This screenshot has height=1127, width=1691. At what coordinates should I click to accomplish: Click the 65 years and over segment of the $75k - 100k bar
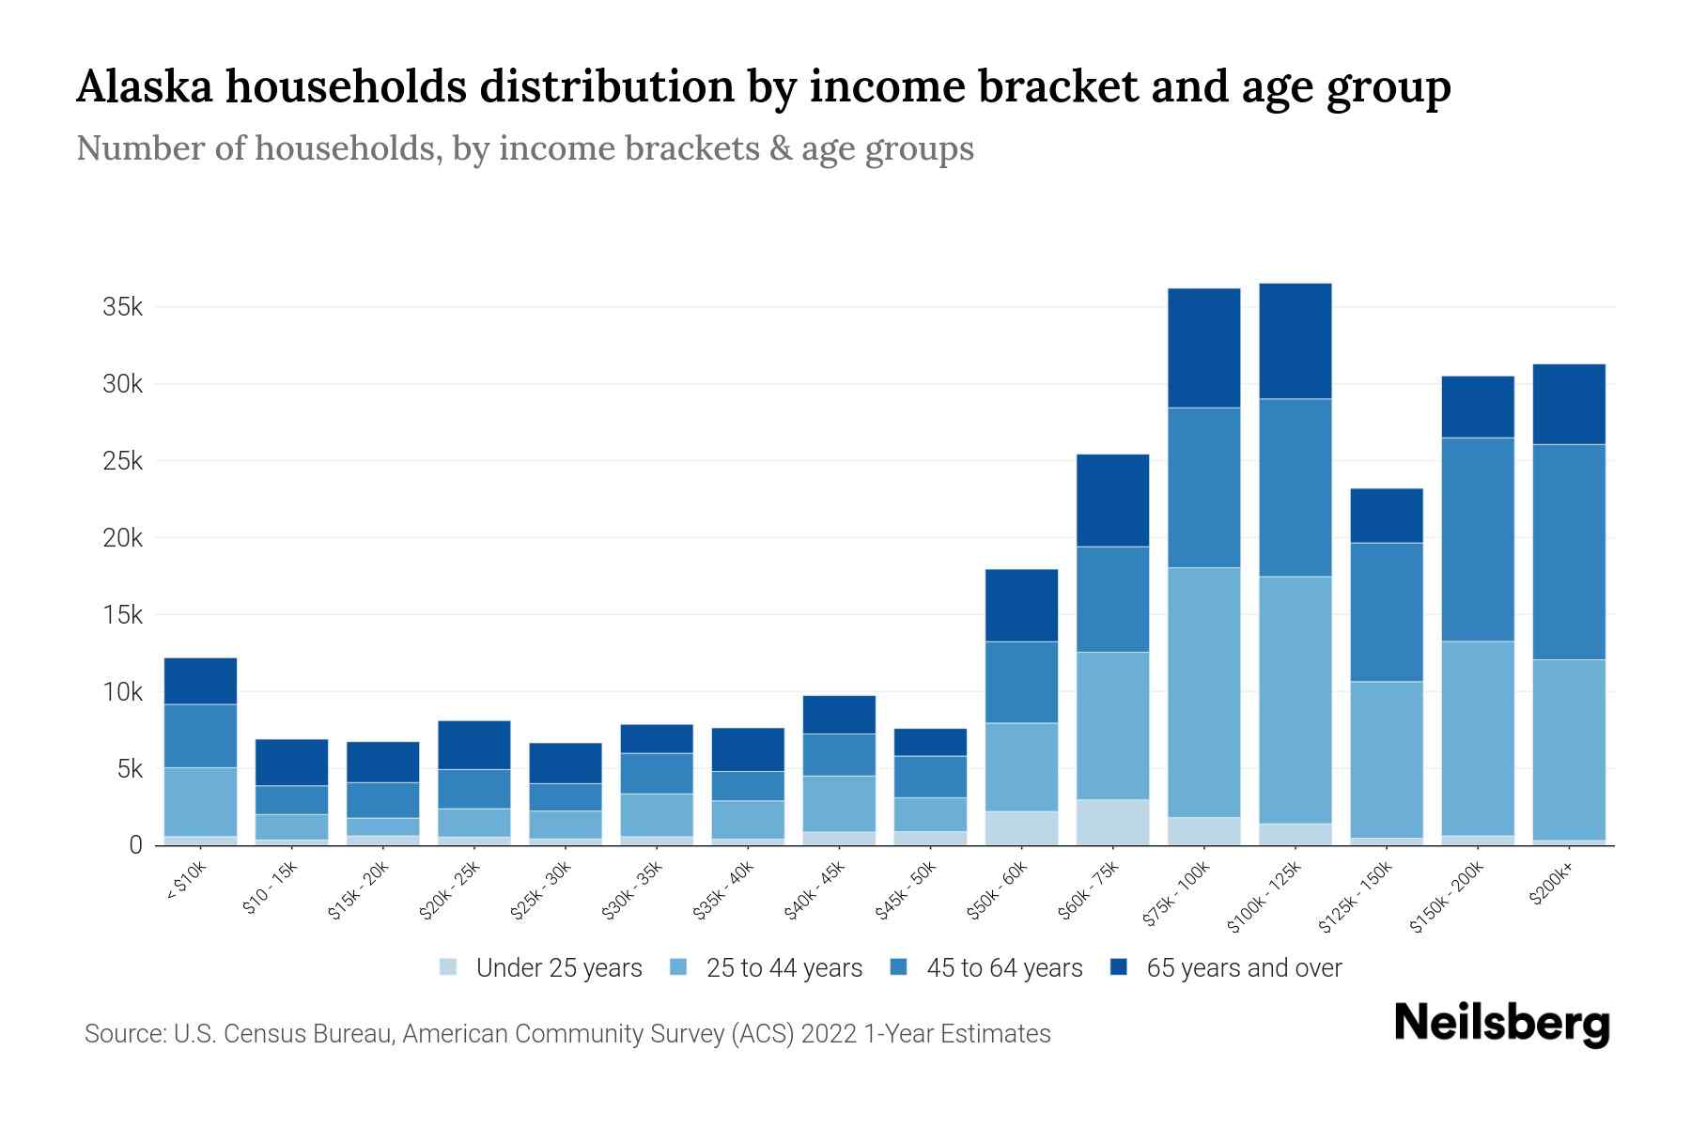1203,347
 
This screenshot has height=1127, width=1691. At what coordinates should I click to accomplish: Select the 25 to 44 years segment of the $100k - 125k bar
1295,700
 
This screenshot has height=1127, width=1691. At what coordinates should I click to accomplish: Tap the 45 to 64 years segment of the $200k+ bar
1569,552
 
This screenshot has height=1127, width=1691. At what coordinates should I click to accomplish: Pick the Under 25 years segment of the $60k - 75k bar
1112,822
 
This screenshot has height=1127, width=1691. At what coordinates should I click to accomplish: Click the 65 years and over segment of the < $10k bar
200,681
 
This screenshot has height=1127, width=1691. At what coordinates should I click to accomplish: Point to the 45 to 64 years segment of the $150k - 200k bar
1478,539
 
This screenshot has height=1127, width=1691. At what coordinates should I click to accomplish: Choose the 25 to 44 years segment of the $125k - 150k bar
1387,759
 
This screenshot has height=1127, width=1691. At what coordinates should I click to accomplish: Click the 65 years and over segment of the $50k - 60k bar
1021,606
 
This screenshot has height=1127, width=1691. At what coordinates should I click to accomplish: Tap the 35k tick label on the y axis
122,307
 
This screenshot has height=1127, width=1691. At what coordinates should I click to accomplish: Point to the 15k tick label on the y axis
122,615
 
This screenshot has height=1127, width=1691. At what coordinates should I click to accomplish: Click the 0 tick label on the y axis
135,845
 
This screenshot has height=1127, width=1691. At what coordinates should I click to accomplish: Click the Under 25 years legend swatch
448,967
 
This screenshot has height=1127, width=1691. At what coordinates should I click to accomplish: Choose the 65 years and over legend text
1244,968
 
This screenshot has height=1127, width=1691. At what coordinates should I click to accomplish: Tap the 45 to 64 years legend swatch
899,967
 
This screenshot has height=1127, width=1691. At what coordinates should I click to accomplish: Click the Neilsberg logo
1501,1024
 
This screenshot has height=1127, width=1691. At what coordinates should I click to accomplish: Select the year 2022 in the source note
830,1034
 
